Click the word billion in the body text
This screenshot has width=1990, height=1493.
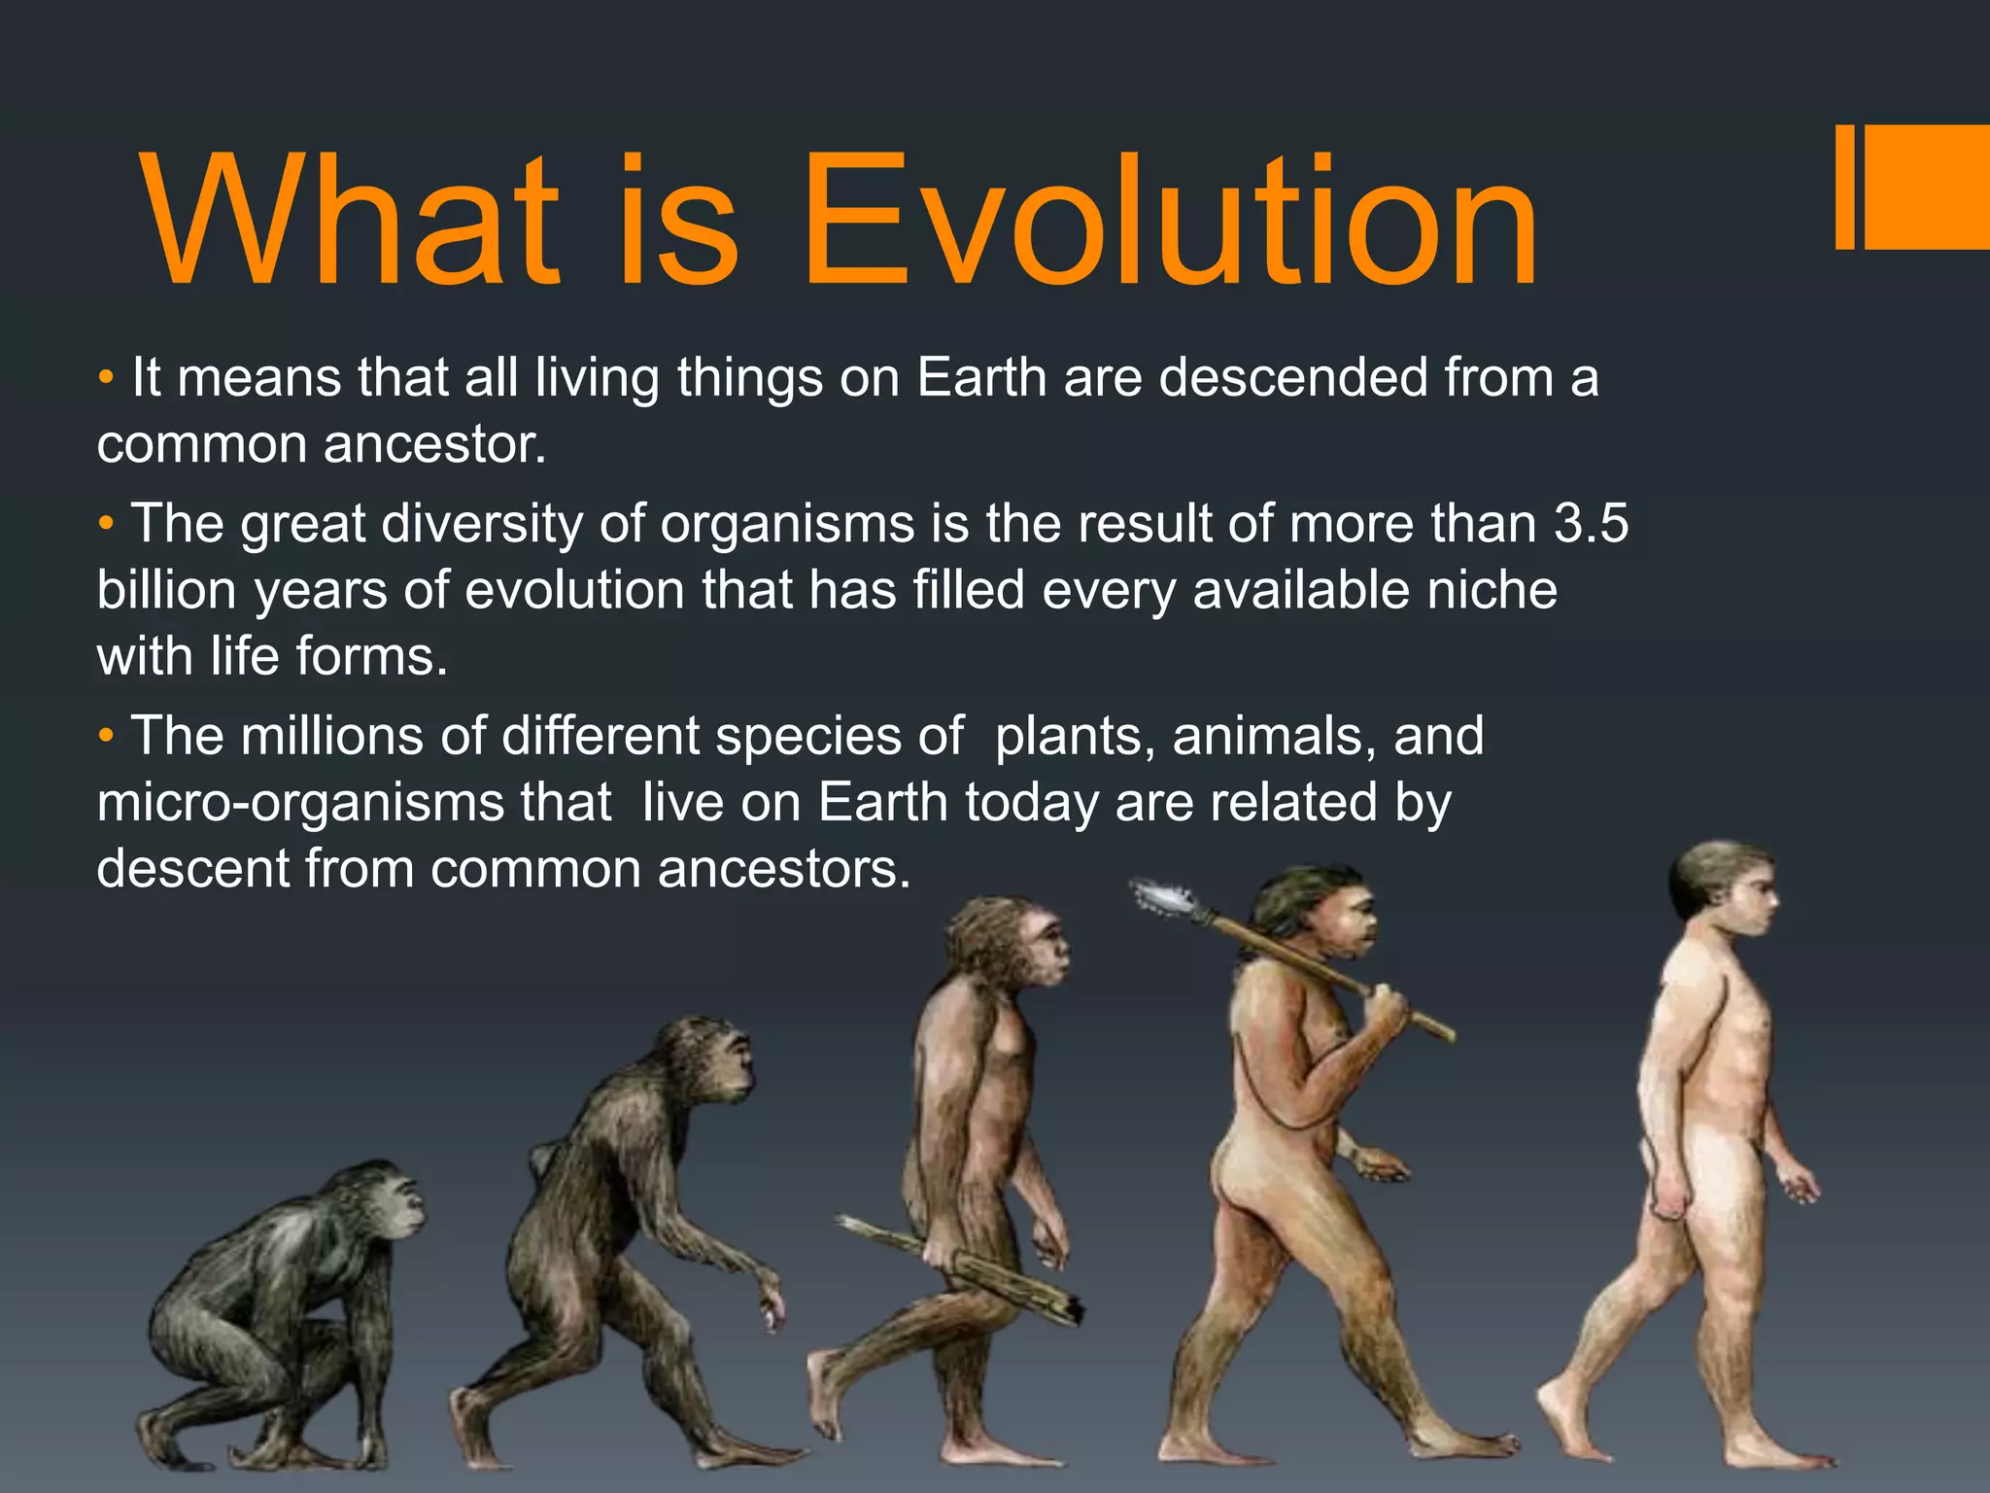166,590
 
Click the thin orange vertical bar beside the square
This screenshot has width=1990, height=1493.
1845,187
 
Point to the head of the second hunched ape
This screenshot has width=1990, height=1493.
709,1059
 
